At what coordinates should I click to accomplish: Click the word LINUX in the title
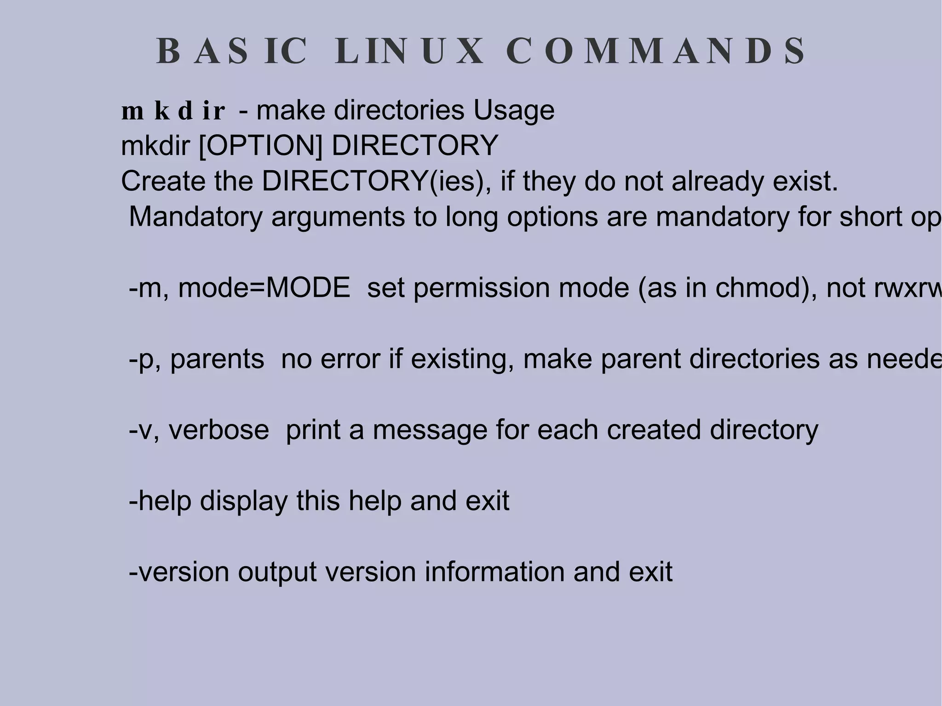point(409,51)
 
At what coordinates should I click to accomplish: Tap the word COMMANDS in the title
point(655,51)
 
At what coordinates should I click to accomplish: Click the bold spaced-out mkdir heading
point(173,111)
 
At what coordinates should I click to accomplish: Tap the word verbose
point(218,430)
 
